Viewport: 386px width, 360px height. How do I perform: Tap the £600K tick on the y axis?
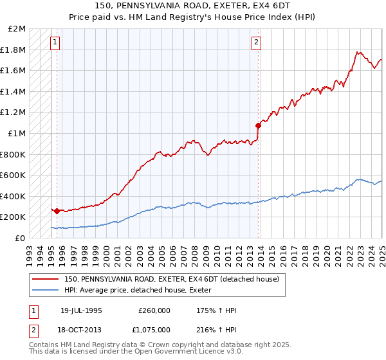click(x=14, y=175)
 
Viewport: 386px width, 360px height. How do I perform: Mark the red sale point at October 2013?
click(x=258, y=125)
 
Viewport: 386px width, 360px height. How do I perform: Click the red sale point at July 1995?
click(x=57, y=210)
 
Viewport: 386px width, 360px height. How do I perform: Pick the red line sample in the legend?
click(x=46, y=280)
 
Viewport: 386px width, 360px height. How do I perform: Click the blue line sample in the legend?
click(x=46, y=291)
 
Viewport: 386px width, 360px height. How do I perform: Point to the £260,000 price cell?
click(x=154, y=310)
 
